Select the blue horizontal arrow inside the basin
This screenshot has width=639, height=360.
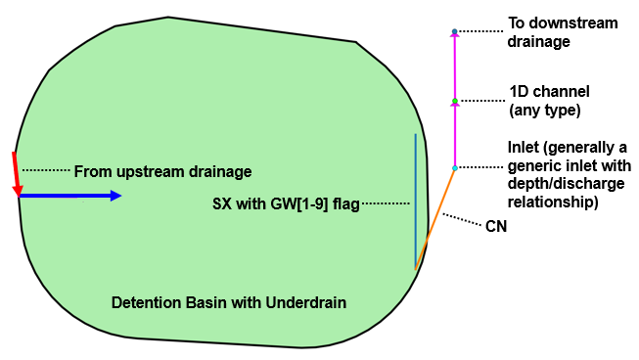68,196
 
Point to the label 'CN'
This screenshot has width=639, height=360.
496,226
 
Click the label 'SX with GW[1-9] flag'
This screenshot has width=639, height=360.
286,204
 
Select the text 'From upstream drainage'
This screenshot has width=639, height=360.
162,171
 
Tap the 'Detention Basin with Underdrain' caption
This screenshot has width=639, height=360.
229,302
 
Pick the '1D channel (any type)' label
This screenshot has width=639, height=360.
548,101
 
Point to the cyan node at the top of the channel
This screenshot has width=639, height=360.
454,30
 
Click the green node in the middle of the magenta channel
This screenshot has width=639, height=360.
455,100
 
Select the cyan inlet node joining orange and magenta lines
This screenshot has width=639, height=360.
454,168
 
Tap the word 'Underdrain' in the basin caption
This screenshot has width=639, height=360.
310,302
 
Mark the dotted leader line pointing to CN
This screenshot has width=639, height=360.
460,221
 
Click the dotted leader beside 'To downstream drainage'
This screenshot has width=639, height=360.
479,31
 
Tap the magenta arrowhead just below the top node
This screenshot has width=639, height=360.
454,36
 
